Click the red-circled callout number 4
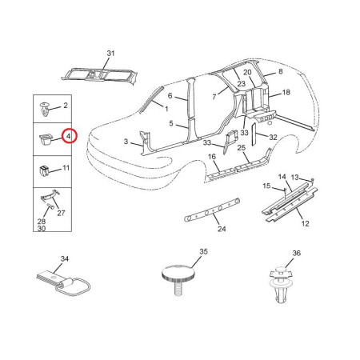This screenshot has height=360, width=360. (69, 136)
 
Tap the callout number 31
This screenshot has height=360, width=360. (110, 54)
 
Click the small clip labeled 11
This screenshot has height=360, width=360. (44, 171)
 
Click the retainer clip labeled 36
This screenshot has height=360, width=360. (280, 284)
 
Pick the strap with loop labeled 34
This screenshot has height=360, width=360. (63, 283)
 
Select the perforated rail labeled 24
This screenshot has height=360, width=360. (212, 210)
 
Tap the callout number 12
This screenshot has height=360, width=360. (305, 223)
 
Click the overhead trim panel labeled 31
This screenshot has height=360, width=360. (99, 75)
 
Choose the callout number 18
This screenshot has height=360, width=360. (286, 93)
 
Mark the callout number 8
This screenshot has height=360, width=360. (280, 71)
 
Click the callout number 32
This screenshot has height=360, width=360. (273, 137)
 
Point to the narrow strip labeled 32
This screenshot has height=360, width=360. (254, 134)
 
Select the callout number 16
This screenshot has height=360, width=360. (212, 157)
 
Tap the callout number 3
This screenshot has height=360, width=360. (126, 142)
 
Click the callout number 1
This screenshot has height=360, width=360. (166, 109)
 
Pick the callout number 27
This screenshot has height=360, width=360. (61, 213)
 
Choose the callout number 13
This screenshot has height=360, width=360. (294, 178)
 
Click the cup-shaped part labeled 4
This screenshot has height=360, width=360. (45, 139)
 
